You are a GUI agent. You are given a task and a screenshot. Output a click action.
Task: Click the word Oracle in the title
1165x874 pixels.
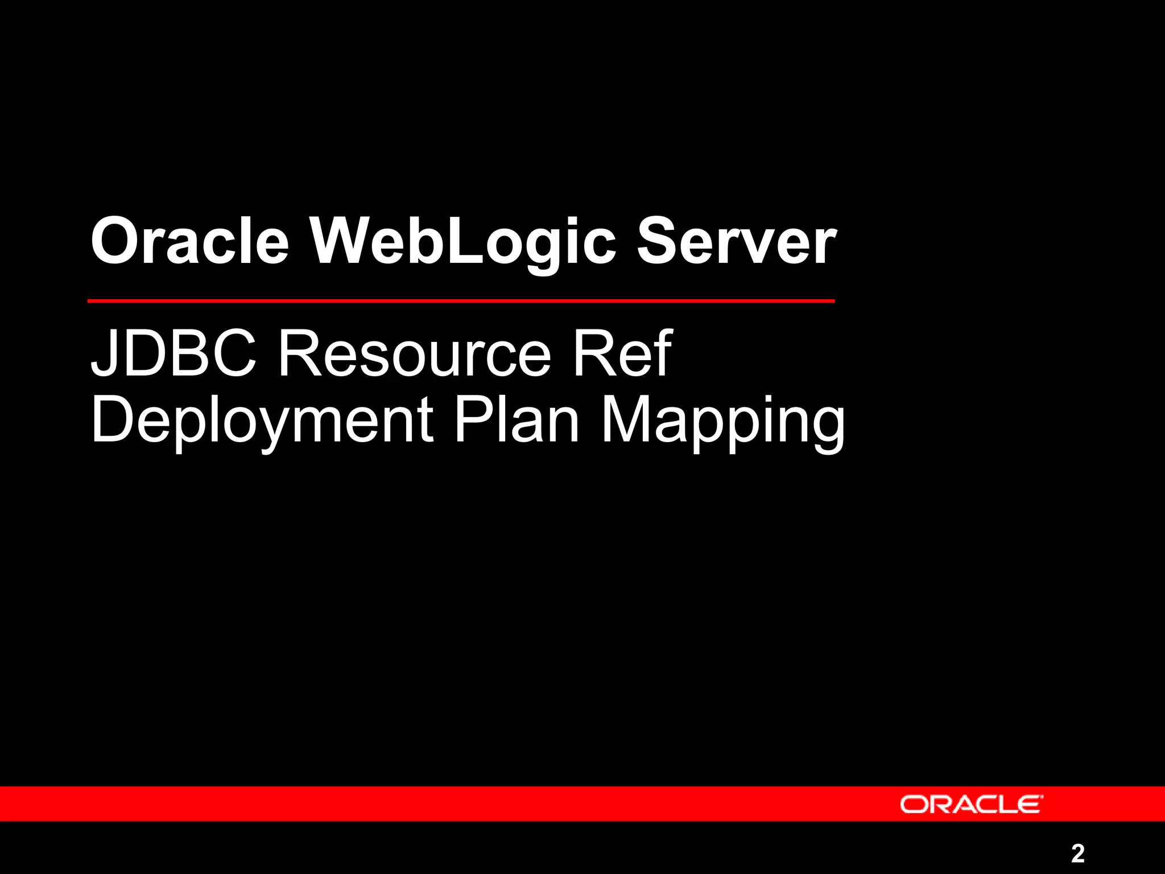click(x=189, y=242)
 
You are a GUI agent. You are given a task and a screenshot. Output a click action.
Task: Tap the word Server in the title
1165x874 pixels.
click(x=736, y=242)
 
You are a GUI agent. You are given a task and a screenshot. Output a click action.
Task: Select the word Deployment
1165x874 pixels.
click(x=262, y=420)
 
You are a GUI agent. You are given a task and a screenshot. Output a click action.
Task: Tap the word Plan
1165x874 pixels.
click(x=517, y=419)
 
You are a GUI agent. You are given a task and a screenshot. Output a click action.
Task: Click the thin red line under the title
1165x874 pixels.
click(x=461, y=300)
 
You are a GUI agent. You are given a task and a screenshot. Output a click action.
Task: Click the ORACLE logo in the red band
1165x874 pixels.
click(x=972, y=805)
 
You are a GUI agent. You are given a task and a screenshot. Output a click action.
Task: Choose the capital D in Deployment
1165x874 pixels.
click(x=112, y=419)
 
